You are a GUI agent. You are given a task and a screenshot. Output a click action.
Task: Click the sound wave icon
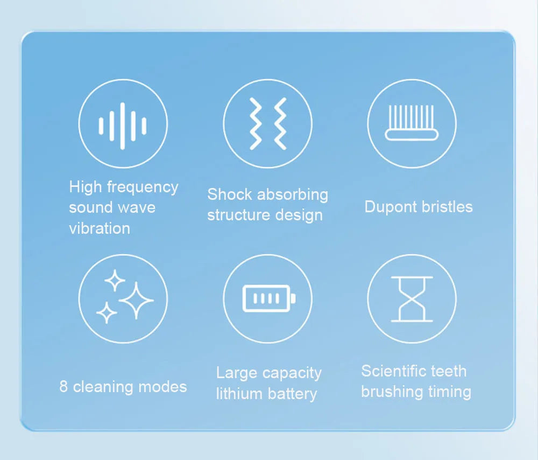(x=123, y=125)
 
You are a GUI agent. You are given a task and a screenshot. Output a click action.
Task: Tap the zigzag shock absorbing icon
(x=267, y=124)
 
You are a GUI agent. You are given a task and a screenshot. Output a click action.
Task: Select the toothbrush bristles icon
(x=412, y=123)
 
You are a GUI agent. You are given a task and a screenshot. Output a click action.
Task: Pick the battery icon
(x=267, y=298)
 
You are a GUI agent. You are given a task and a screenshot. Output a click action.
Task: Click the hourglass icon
(x=412, y=299)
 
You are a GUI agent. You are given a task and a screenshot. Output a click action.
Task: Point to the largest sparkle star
(x=137, y=301)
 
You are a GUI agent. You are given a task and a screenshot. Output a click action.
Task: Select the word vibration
(x=100, y=228)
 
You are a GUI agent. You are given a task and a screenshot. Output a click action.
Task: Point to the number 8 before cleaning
(x=63, y=387)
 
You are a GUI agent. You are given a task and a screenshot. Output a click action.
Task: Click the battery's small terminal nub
(x=293, y=298)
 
